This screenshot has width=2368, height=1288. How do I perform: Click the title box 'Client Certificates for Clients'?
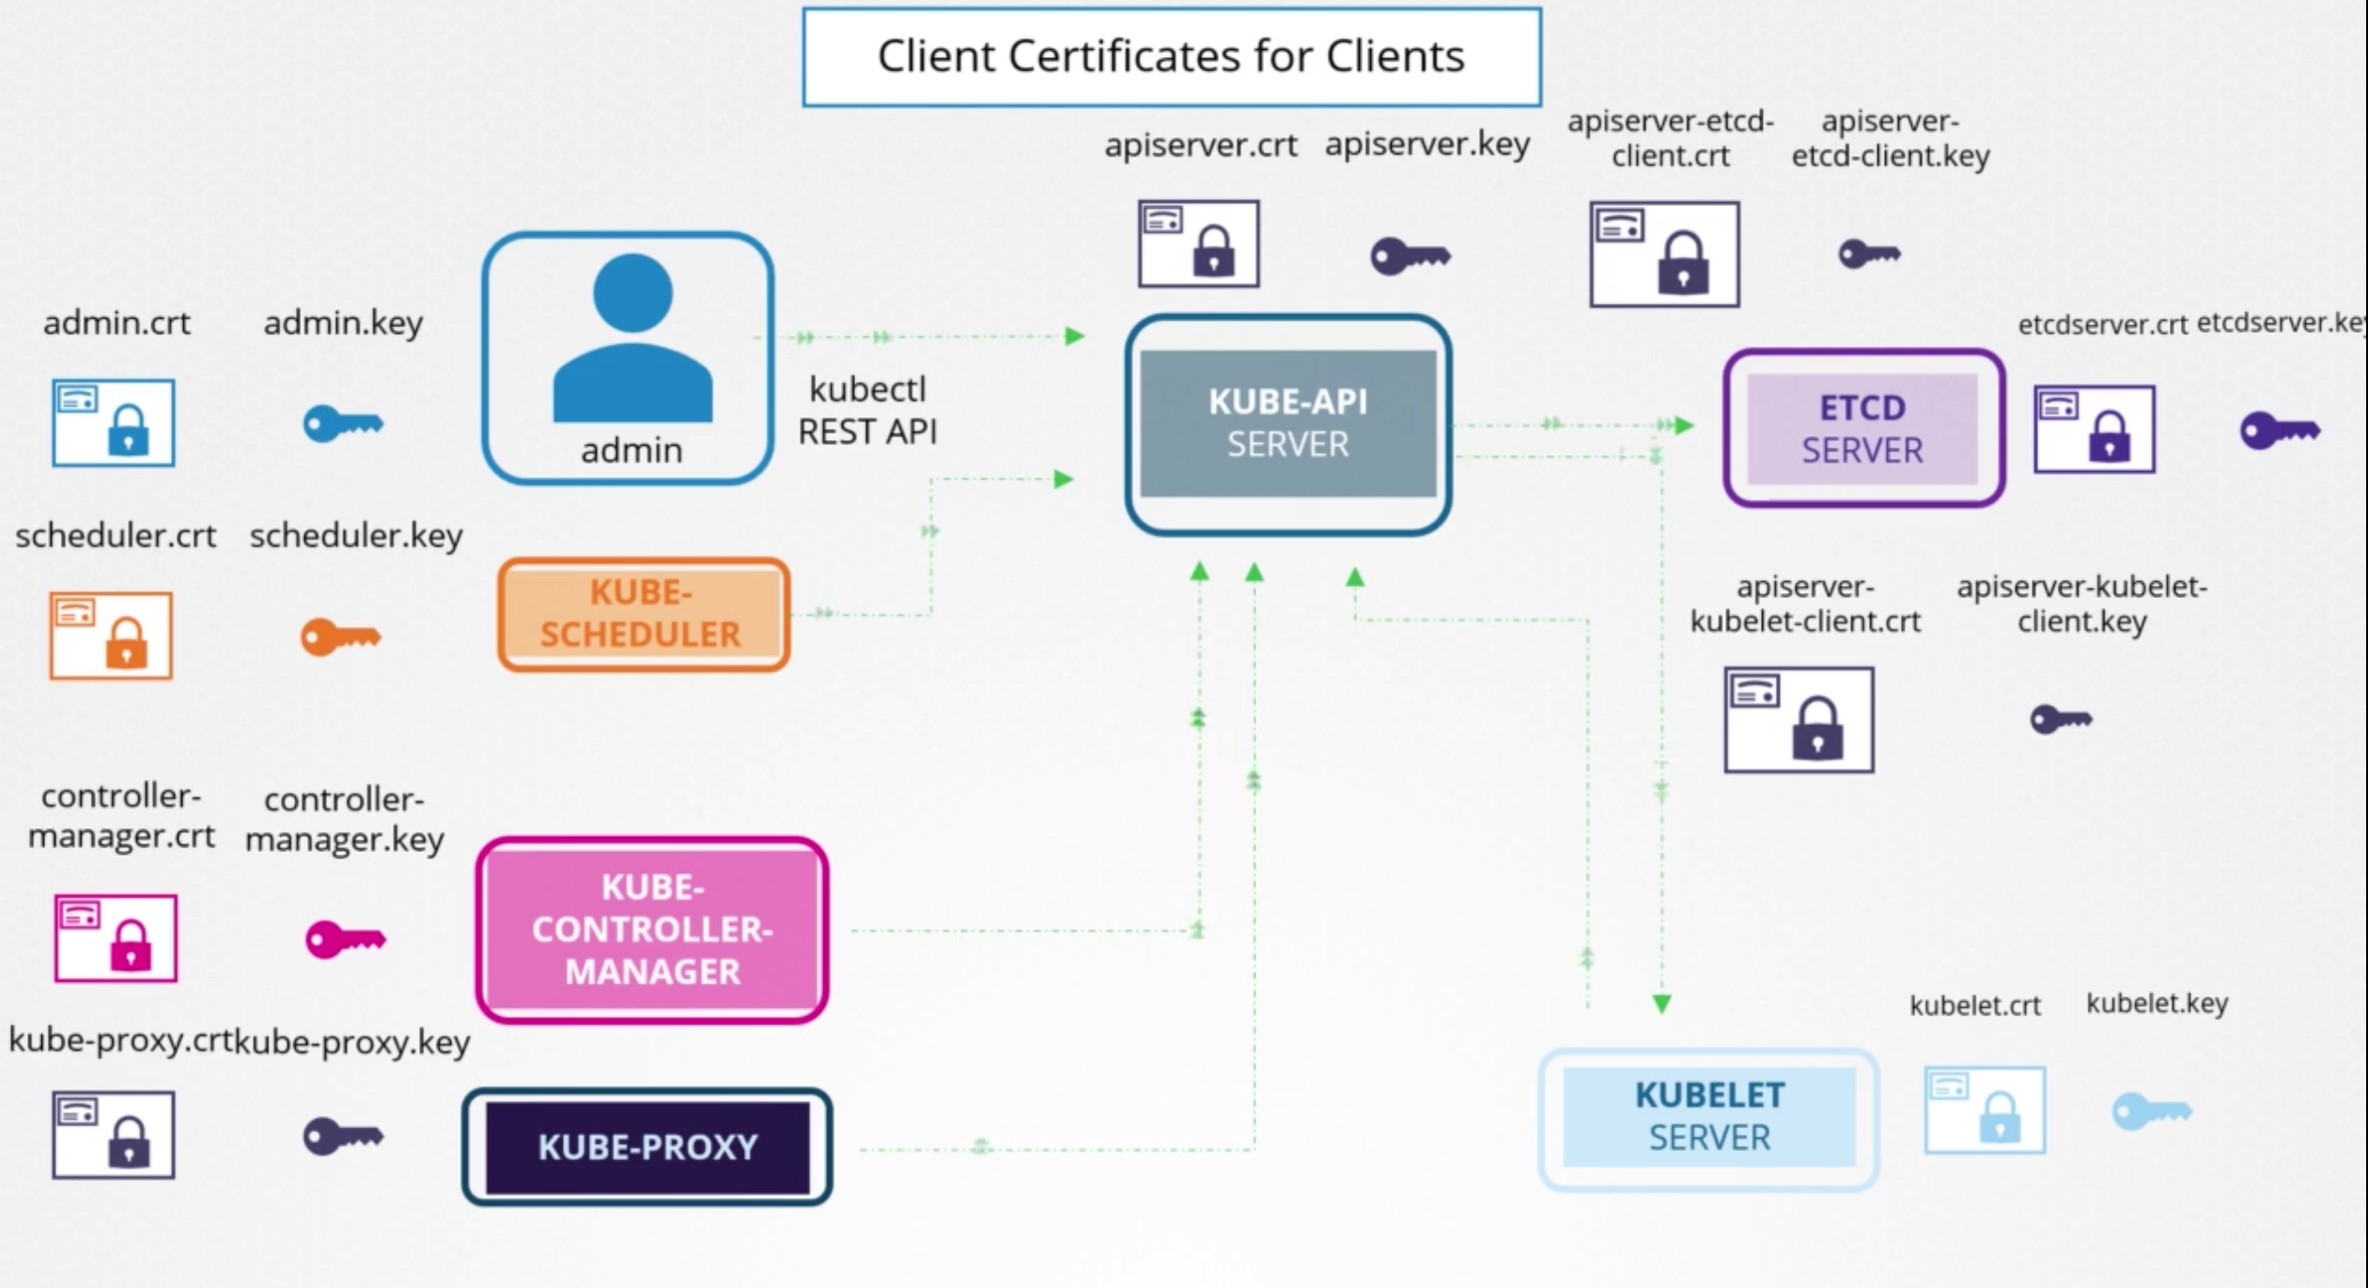click(x=1171, y=56)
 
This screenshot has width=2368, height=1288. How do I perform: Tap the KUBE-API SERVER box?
click(x=1287, y=424)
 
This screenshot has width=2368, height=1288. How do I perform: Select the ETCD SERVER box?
click(x=1862, y=429)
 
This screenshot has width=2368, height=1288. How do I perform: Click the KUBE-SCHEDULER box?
click(x=643, y=614)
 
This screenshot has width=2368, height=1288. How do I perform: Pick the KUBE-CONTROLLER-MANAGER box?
click(x=652, y=929)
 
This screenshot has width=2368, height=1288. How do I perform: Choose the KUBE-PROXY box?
click(x=647, y=1147)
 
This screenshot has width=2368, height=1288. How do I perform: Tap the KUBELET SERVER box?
click(x=1708, y=1117)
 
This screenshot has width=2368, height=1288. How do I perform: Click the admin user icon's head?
click(x=632, y=292)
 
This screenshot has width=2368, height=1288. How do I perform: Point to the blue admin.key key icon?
click(x=342, y=424)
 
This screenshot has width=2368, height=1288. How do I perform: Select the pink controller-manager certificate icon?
click(x=116, y=937)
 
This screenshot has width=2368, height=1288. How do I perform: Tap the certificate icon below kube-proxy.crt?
click(x=114, y=1134)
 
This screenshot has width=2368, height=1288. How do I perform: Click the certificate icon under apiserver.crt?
click(x=1198, y=243)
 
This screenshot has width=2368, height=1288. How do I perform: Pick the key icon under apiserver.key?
click(x=1410, y=256)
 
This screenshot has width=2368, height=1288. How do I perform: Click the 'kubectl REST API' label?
click(x=866, y=411)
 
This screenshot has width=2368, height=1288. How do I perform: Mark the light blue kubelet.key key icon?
click(x=2151, y=1112)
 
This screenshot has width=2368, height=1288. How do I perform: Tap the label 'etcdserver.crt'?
click(x=2102, y=325)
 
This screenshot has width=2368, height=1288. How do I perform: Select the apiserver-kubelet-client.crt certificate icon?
click(x=1799, y=719)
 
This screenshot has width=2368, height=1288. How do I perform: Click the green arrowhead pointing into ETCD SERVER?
click(x=1683, y=426)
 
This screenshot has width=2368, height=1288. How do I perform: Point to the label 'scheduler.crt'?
click(x=116, y=536)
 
